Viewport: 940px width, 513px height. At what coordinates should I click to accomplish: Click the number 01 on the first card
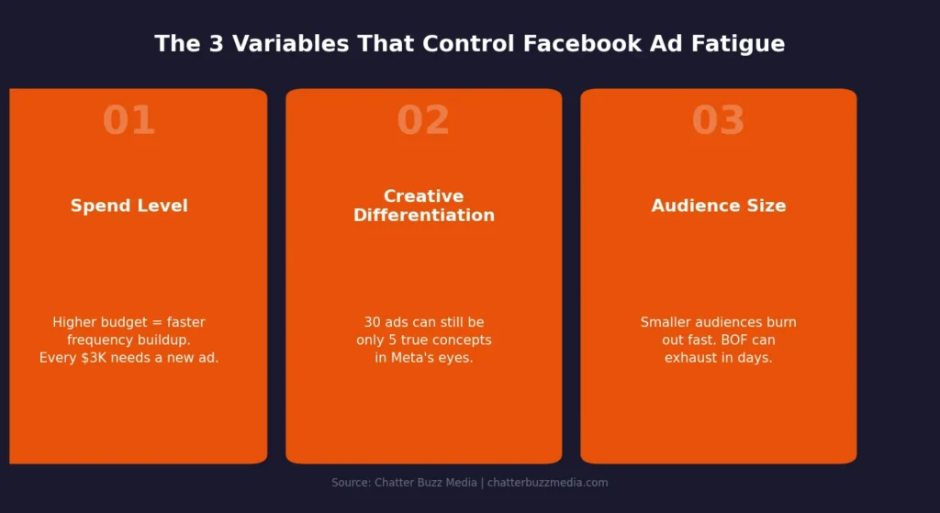click(129, 121)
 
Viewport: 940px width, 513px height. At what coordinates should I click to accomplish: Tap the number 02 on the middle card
click(423, 121)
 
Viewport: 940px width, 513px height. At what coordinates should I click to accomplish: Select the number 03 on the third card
click(718, 121)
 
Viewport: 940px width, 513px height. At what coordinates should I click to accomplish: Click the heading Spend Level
click(129, 206)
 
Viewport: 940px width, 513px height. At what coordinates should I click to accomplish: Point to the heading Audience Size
click(718, 206)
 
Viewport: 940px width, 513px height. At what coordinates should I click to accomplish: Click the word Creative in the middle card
click(423, 196)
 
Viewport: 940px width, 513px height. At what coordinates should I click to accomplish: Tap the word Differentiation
click(423, 216)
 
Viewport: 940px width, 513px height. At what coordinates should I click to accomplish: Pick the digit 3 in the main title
click(216, 44)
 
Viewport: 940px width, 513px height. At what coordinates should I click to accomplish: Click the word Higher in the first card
click(73, 323)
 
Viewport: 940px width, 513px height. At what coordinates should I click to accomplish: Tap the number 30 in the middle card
click(373, 323)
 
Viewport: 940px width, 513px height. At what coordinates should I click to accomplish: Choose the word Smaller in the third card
click(667, 323)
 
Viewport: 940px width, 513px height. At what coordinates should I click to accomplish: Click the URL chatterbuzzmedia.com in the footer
click(547, 483)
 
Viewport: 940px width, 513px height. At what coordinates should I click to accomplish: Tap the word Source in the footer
click(350, 483)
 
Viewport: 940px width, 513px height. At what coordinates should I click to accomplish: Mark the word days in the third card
click(754, 358)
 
